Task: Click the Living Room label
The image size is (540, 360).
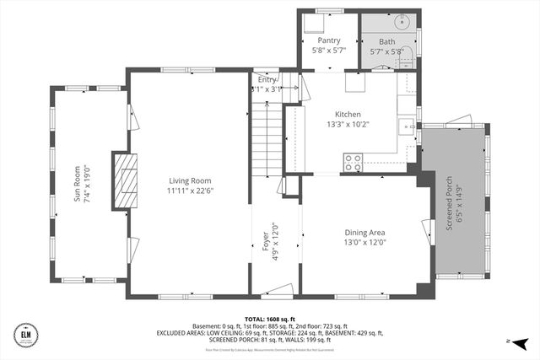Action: (190, 180)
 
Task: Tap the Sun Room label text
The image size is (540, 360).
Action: (77, 183)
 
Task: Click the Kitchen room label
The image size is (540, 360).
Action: (348, 114)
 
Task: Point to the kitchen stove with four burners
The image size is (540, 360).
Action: (352, 163)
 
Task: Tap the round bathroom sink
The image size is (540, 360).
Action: (401, 24)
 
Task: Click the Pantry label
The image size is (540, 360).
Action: (328, 40)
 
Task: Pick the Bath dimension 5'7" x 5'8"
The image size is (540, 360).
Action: (386, 51)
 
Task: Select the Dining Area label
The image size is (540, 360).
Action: (364, 233)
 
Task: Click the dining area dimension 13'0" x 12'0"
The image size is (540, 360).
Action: (364, 243)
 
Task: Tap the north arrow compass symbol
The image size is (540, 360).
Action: (521, 343)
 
